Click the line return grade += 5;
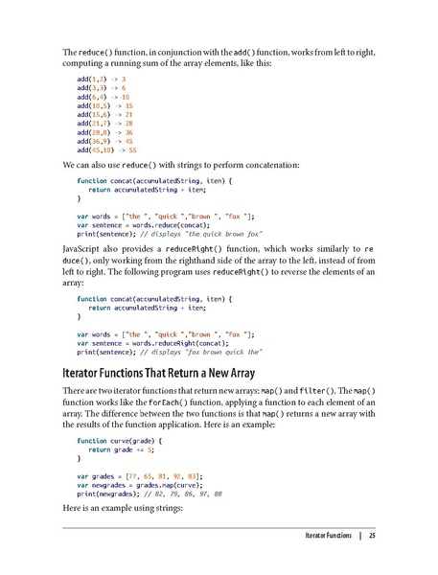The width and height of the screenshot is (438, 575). [128, 449]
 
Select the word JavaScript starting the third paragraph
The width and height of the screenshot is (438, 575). [82, 250]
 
